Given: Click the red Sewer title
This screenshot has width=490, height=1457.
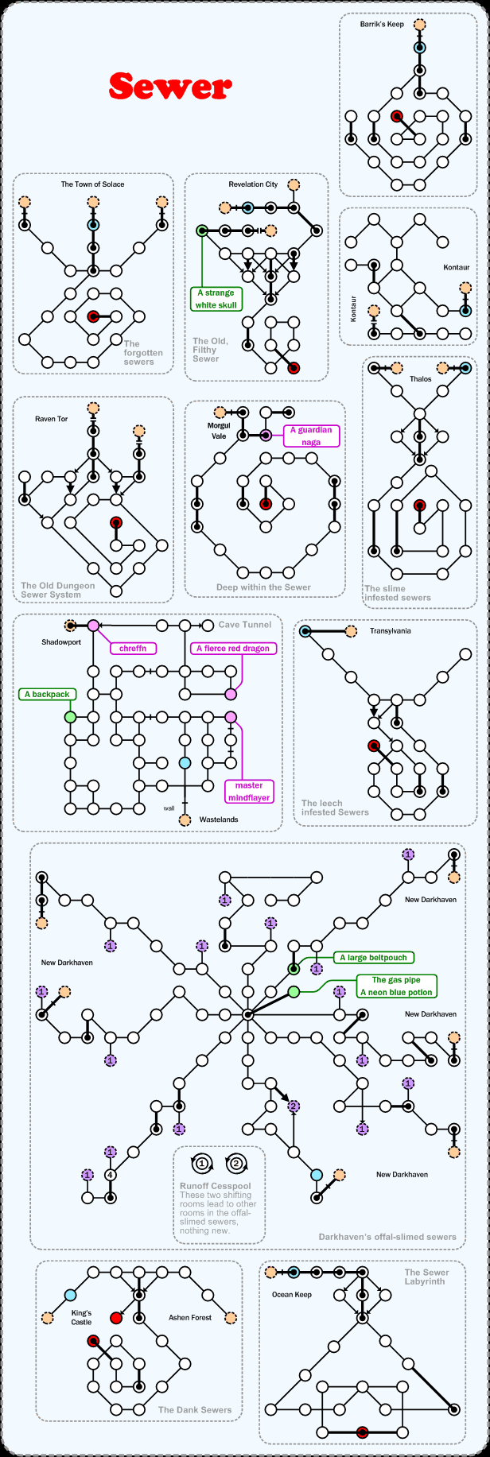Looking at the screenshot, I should coord(170,87).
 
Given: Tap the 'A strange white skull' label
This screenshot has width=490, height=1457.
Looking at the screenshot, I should coord(216,299).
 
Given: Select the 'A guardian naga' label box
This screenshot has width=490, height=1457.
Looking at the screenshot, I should coord(311,436).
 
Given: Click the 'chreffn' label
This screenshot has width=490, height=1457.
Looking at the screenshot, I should coord(133,649).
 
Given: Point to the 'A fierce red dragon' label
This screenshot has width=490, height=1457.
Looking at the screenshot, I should coord(233,649).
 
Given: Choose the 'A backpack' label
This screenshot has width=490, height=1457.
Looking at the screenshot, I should coord(47,695).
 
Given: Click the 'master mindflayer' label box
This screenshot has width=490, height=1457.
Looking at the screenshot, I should coord(249,791).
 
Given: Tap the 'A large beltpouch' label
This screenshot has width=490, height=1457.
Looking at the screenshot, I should coord(373,958).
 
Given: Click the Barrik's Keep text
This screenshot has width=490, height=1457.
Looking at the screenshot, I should coord(382,25).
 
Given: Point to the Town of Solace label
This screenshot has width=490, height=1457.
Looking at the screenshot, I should coord(92,184).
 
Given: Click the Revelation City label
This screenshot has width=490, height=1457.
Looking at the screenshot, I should coord(253,184).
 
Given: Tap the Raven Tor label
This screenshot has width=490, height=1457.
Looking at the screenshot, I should coord(51,419).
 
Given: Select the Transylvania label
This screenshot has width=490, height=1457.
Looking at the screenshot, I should coord(390,631).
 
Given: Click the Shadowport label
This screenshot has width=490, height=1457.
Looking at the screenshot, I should coord(61,642).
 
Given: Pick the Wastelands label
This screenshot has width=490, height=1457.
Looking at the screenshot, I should coord(219,820).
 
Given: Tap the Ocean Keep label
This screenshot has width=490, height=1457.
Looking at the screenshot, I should coord(292,1295).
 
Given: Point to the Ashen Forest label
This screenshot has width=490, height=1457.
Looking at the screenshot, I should coord(190,1317).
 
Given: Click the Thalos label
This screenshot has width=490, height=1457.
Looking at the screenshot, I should coord(421,379).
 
